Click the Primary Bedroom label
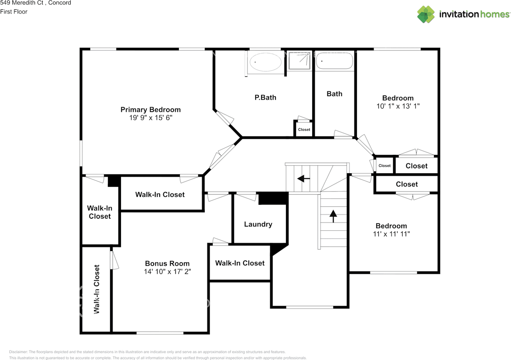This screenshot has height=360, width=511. (151, 110)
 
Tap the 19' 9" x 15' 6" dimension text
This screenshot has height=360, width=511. (151, 118)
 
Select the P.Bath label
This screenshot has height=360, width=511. (265, 98)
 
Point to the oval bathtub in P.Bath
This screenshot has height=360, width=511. (265, 62)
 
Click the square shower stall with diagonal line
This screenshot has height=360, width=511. (299, 61)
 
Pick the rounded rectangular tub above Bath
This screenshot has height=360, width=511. (335, 61)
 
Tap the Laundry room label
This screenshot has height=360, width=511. (258, 224)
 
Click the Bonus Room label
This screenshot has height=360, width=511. (167, 263)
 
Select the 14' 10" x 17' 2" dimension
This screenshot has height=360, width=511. (167, 271)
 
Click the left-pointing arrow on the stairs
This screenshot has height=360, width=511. (304, 178)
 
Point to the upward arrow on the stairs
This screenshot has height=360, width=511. (333, 216)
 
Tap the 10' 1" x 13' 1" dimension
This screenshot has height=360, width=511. (398, 106)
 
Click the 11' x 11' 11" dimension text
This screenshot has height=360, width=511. (391, 234)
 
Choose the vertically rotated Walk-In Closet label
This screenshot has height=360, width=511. (97, 289)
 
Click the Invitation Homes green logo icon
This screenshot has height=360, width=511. (426, 14)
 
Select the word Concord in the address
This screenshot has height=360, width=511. (59, 3)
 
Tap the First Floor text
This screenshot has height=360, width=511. (14, 12)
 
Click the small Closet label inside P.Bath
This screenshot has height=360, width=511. (304, 130)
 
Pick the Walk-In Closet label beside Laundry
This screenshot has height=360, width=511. (240, 263)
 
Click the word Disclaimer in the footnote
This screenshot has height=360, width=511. (18, 352)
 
